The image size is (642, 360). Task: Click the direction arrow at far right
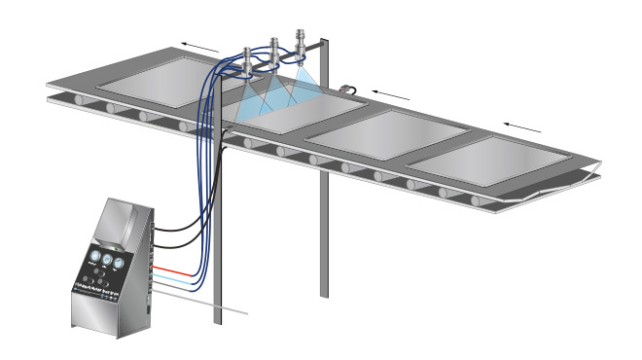coord(521,125)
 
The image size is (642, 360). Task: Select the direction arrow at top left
coord(200,45)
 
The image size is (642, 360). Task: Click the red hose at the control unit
coord(175,266)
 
